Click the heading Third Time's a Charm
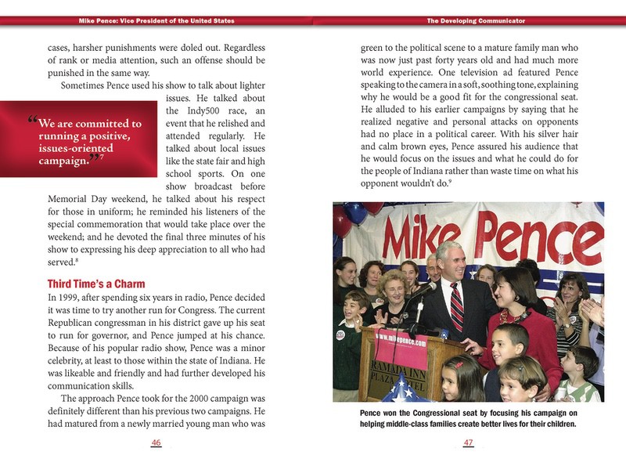(96, 283)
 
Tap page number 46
(156, 443)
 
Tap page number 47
(469, 443)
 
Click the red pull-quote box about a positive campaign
(78, 141)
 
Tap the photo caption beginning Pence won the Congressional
(469, 418)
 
